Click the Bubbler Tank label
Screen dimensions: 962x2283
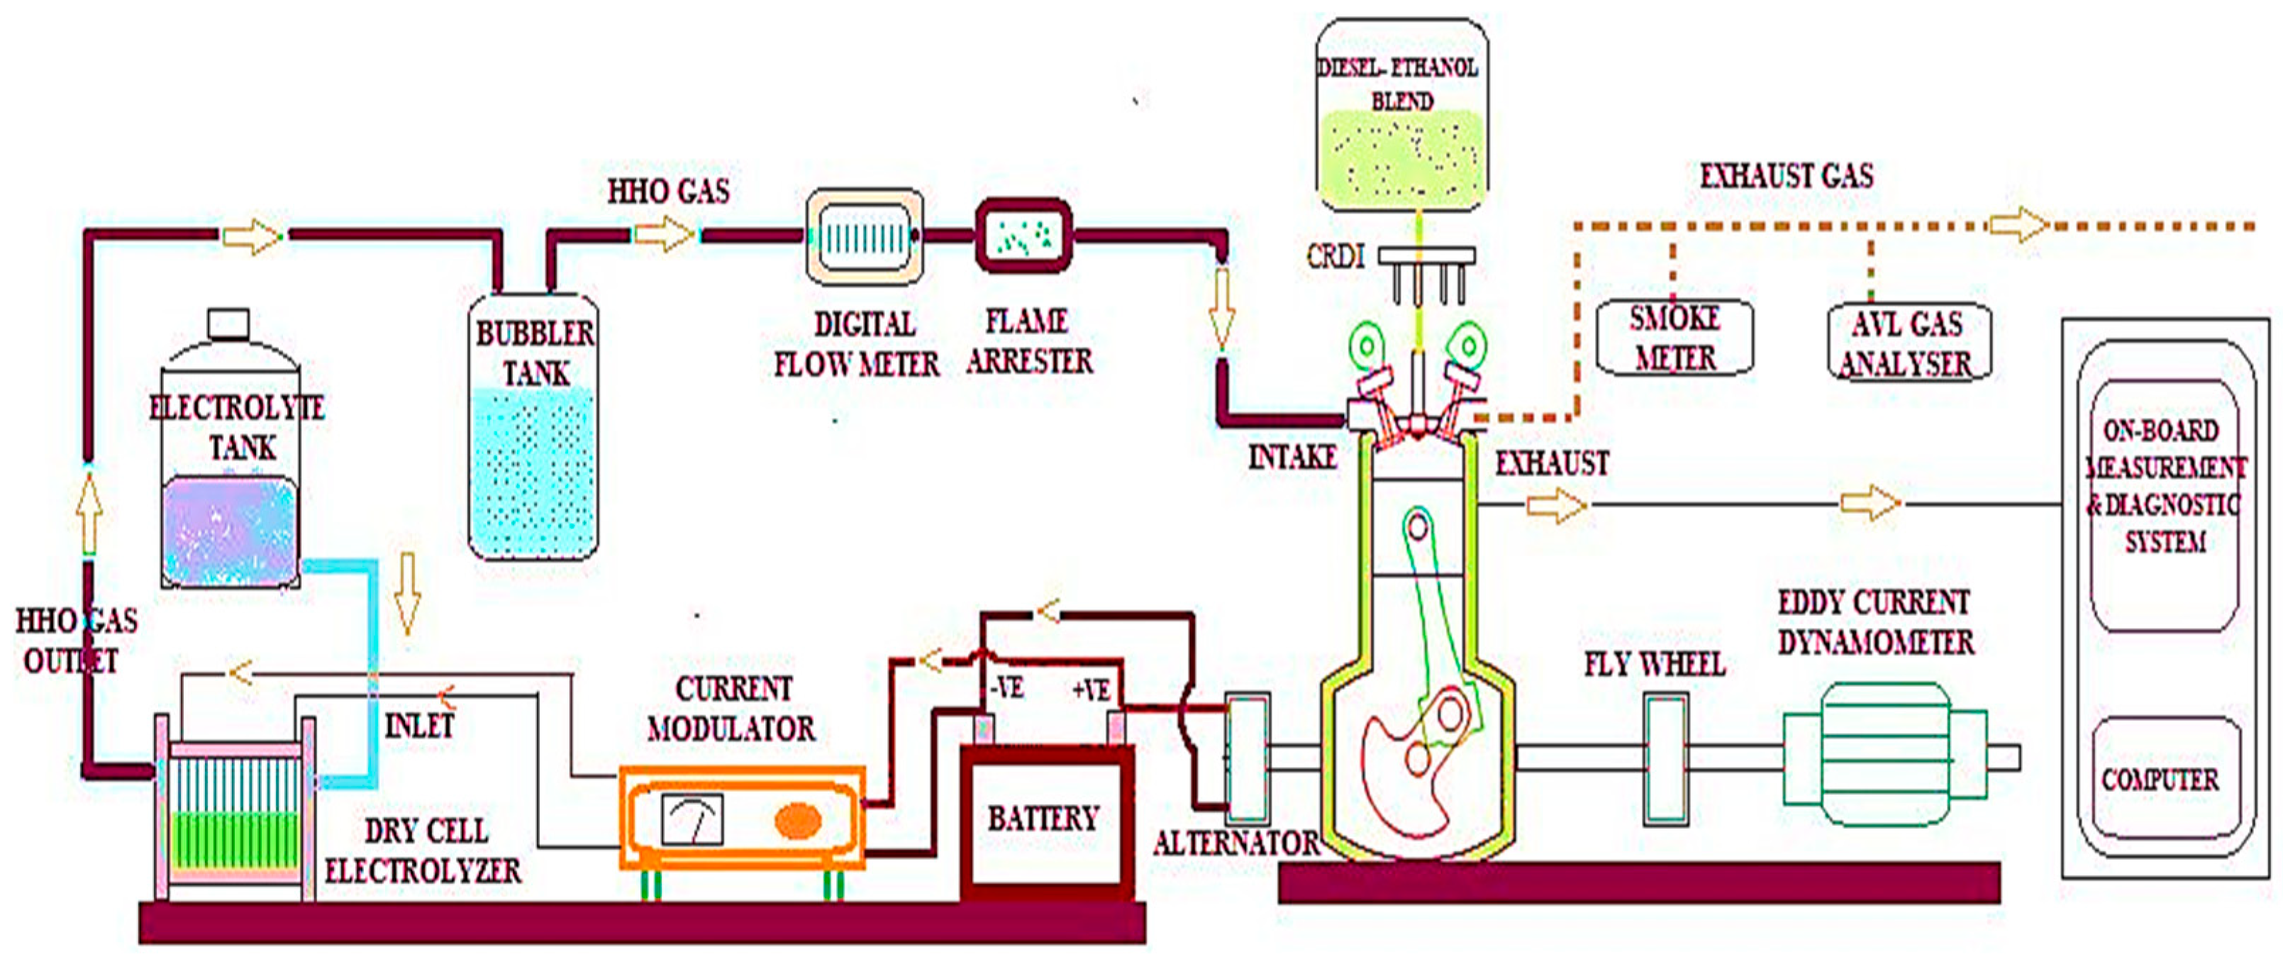pyautogui.click(x=535, y=353)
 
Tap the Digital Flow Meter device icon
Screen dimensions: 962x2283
pyautogui.click(x=864, y=237)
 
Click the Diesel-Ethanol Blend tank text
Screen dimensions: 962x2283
pyautogui.click(x=1400, y=84)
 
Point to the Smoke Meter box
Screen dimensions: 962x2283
pyautogui.click(x=1674, y=338)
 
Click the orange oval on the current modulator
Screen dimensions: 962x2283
pyautogui.click(x=798, y=820)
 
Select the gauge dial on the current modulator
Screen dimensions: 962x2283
pyautogui.click(x=692, y=819)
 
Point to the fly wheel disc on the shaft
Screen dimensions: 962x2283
pyautogui.click(x=1665, y=759)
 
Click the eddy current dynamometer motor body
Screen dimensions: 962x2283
pyautogui.click(x=1883, y=756)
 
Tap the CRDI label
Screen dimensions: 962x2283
pyautogui.click(x=1335, y=257)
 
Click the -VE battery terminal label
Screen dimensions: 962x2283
pyautogui.click(x=1007, y=688)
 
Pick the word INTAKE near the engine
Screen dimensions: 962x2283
pyautogui.click(x=1292, y=458)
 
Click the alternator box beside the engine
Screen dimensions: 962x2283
pyautogui.click(x=1247, y=758)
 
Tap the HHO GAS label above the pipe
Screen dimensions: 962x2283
pyautogui.click(x=668, y=191)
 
